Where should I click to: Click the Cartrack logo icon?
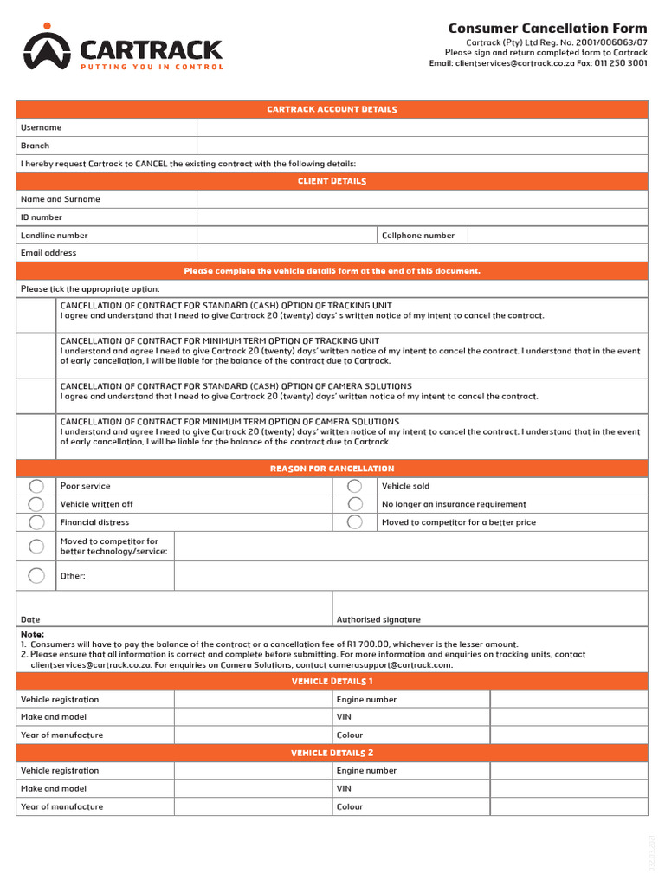click(x=47, y=50)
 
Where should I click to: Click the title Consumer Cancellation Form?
click(x=547, y=29)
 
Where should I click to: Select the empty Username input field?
click(x=422, y=127)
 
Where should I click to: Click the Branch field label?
click(x=36, y=146)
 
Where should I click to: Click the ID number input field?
click(x=422, y=217)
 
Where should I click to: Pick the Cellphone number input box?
click(x=558, y=235)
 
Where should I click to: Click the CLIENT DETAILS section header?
click(x=332, y=181)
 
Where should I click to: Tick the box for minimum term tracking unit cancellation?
click(x=36, y=355)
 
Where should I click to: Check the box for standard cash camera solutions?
click(x=36, y=396)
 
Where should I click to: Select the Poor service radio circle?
click(x=36, y=486)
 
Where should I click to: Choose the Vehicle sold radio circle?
click(x=355, y=486)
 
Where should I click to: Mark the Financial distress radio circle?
click(x=36, y=522)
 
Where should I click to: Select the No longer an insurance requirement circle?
click(x=355, y=504)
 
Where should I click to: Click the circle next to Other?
click(x=36, y=575)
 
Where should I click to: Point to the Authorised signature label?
click(x=378, y=619)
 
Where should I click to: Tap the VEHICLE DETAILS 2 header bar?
click(x=332, y=753)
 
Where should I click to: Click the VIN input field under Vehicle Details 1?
click(x=569, y=717)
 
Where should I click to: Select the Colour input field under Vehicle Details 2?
click(x=569, y=806)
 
